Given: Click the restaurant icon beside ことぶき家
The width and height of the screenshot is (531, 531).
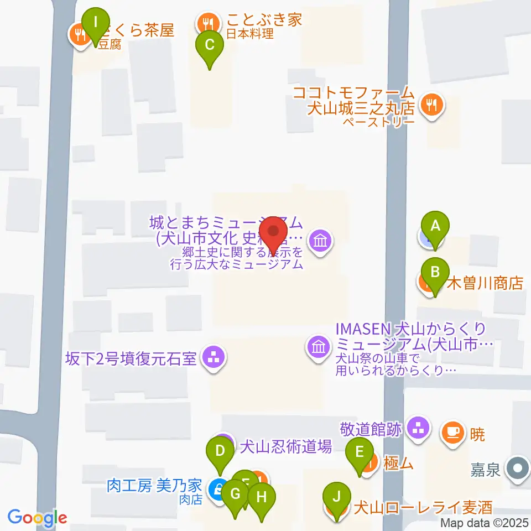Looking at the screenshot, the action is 207,23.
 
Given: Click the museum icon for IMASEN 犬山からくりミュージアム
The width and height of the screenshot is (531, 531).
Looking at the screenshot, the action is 319,348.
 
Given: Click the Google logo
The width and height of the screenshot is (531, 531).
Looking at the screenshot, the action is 37,518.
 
